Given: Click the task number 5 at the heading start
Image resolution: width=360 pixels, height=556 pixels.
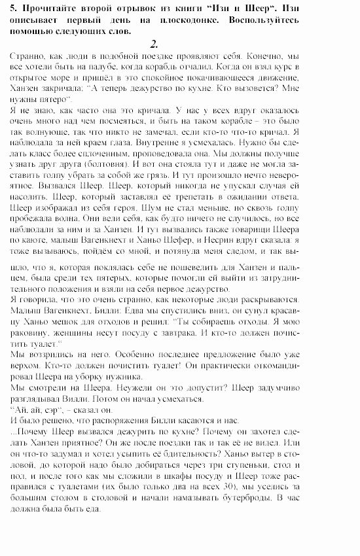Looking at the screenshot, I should pyautogui.click(x=14, y=8).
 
